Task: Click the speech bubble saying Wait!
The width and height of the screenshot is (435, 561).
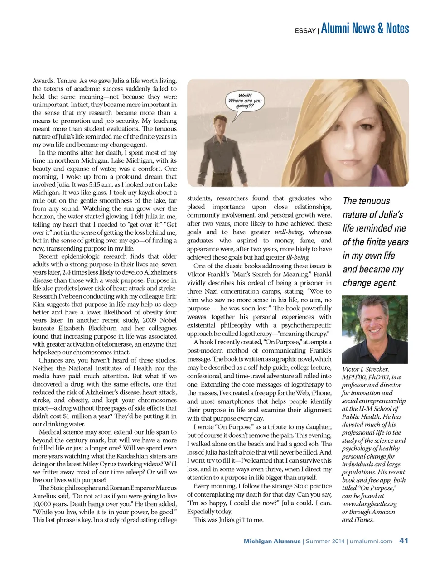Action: click(x=245, y=101)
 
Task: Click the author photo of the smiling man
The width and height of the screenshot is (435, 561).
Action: click(x=374, y=329)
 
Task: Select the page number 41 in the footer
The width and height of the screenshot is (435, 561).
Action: click(x=404, y=541)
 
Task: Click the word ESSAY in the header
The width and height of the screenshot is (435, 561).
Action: click(x=305, y=31)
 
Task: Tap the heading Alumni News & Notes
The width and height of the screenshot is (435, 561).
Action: click(x=365, y=29)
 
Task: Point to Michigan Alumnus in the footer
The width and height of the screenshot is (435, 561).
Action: click(x=272, y=541)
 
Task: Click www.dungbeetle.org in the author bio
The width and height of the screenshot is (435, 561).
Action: click(x=369, y=504)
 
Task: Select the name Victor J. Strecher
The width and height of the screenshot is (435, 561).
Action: click(x=365, y=369)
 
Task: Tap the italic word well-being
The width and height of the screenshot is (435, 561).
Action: click(x=289, y=232)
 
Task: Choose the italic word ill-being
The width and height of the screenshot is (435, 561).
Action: click(x=298, y=257)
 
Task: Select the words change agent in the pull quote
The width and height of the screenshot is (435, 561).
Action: click(x=370, y=283)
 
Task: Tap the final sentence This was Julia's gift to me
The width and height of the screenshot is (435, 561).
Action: click(x=228, y=520)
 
